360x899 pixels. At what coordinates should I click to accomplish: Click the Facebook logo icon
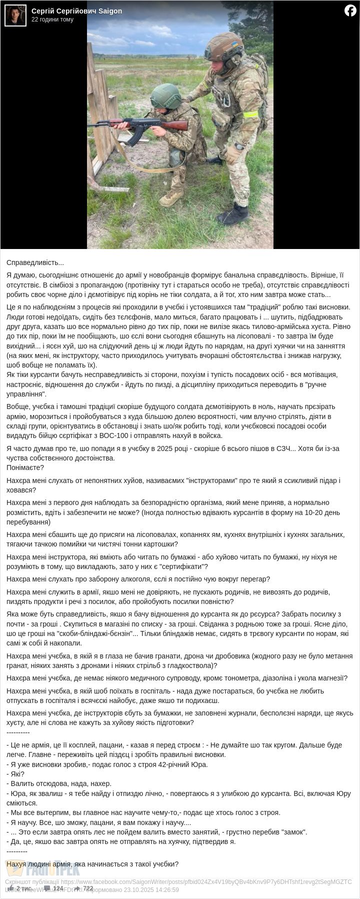click(x=350, y=10)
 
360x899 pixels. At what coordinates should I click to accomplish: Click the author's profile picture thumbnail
click(x=15, y=15)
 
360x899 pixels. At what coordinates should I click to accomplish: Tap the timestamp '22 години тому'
click(x=52, y=19)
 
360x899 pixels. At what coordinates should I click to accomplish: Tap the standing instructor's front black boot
click(x=233, y=214)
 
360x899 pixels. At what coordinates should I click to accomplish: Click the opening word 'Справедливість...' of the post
click(x=35, y=262)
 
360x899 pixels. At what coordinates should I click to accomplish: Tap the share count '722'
click(x=88, y=888)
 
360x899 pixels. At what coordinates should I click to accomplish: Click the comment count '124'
click(x=58, y=888)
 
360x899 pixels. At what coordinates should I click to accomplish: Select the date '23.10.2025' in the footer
click(x=131, y=890)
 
